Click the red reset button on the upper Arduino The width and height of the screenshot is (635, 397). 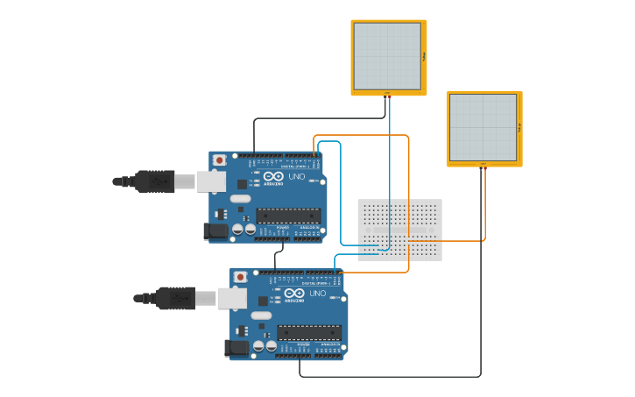(x=219, y=160)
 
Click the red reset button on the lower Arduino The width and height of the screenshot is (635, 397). (x=240, y=277)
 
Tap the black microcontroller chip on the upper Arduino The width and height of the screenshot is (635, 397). (x=288, y=216)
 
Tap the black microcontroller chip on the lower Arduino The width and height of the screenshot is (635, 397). (x=309, y=332)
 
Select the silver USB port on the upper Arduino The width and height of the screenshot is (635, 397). (x=211, y=181)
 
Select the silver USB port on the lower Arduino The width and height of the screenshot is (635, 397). (x=232, y=299)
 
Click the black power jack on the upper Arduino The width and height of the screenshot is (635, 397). (x=215, y=231)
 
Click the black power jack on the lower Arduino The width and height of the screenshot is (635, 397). (x=236, y=348)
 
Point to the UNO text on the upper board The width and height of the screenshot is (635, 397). (x=297, y=176)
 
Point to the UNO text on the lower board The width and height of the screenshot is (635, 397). (x=318, y=294)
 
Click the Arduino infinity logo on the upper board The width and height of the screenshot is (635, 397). (x=272, y=176)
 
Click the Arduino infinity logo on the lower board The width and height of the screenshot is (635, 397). (x=293, y=294)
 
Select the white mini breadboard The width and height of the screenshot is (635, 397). (x=399, y=230)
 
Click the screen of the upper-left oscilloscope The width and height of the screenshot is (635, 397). (x=387, y=56)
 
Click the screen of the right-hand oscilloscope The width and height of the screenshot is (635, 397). (x=483, y=127)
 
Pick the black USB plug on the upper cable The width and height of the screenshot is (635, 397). (x=155, y=181)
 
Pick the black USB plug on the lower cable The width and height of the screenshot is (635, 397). (x=176, y=298)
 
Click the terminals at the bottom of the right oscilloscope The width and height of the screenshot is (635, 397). (x=483, y=164)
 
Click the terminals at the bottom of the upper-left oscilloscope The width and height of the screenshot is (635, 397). (x=387, y=93)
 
